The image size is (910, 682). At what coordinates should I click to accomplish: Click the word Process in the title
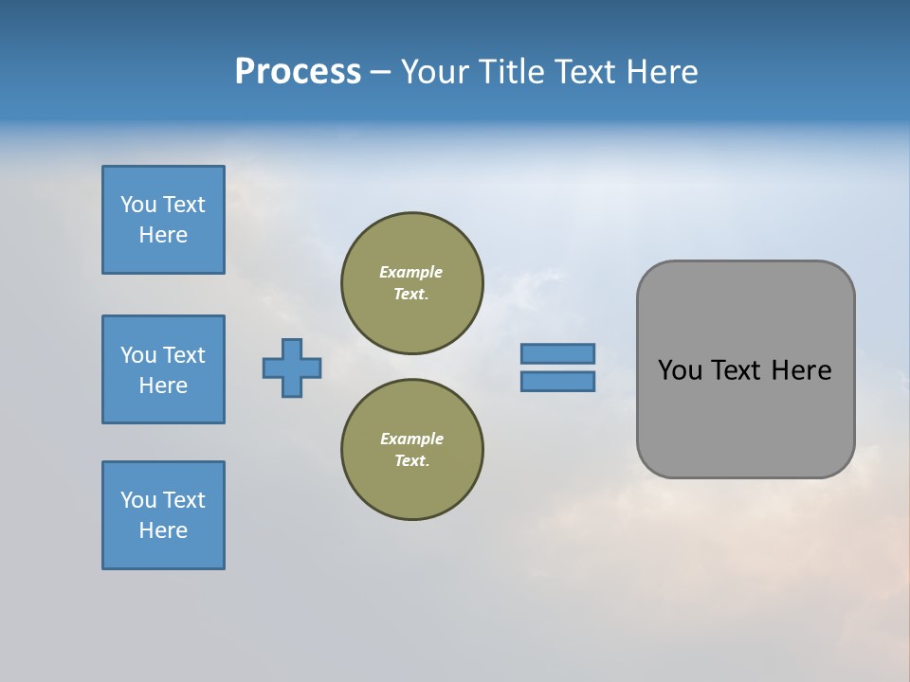point(298,72)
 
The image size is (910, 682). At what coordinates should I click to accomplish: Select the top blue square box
point(163,220)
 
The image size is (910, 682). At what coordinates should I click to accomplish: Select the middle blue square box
point(163,369)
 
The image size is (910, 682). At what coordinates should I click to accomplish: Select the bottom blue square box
point(163,515)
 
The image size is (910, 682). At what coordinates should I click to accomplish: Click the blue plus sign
point(292,368)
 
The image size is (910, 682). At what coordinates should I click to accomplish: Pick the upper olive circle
point(411,283)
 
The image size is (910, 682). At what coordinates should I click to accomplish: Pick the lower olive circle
point(411,450)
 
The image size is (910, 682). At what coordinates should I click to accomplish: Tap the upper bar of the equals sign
point(557,353)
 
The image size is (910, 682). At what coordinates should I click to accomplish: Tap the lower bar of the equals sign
point(557,381)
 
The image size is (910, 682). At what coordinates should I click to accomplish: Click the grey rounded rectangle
point(745,417)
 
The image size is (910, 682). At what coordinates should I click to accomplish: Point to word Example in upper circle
point(411,272)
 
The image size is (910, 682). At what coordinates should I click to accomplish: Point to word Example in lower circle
point(411,439)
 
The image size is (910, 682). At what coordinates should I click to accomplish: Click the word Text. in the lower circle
point(411,461)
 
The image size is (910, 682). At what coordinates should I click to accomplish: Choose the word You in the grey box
point(679,370)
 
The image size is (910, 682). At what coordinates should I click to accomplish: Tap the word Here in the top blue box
point(163,235)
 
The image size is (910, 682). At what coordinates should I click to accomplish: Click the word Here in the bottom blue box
point(163,530)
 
